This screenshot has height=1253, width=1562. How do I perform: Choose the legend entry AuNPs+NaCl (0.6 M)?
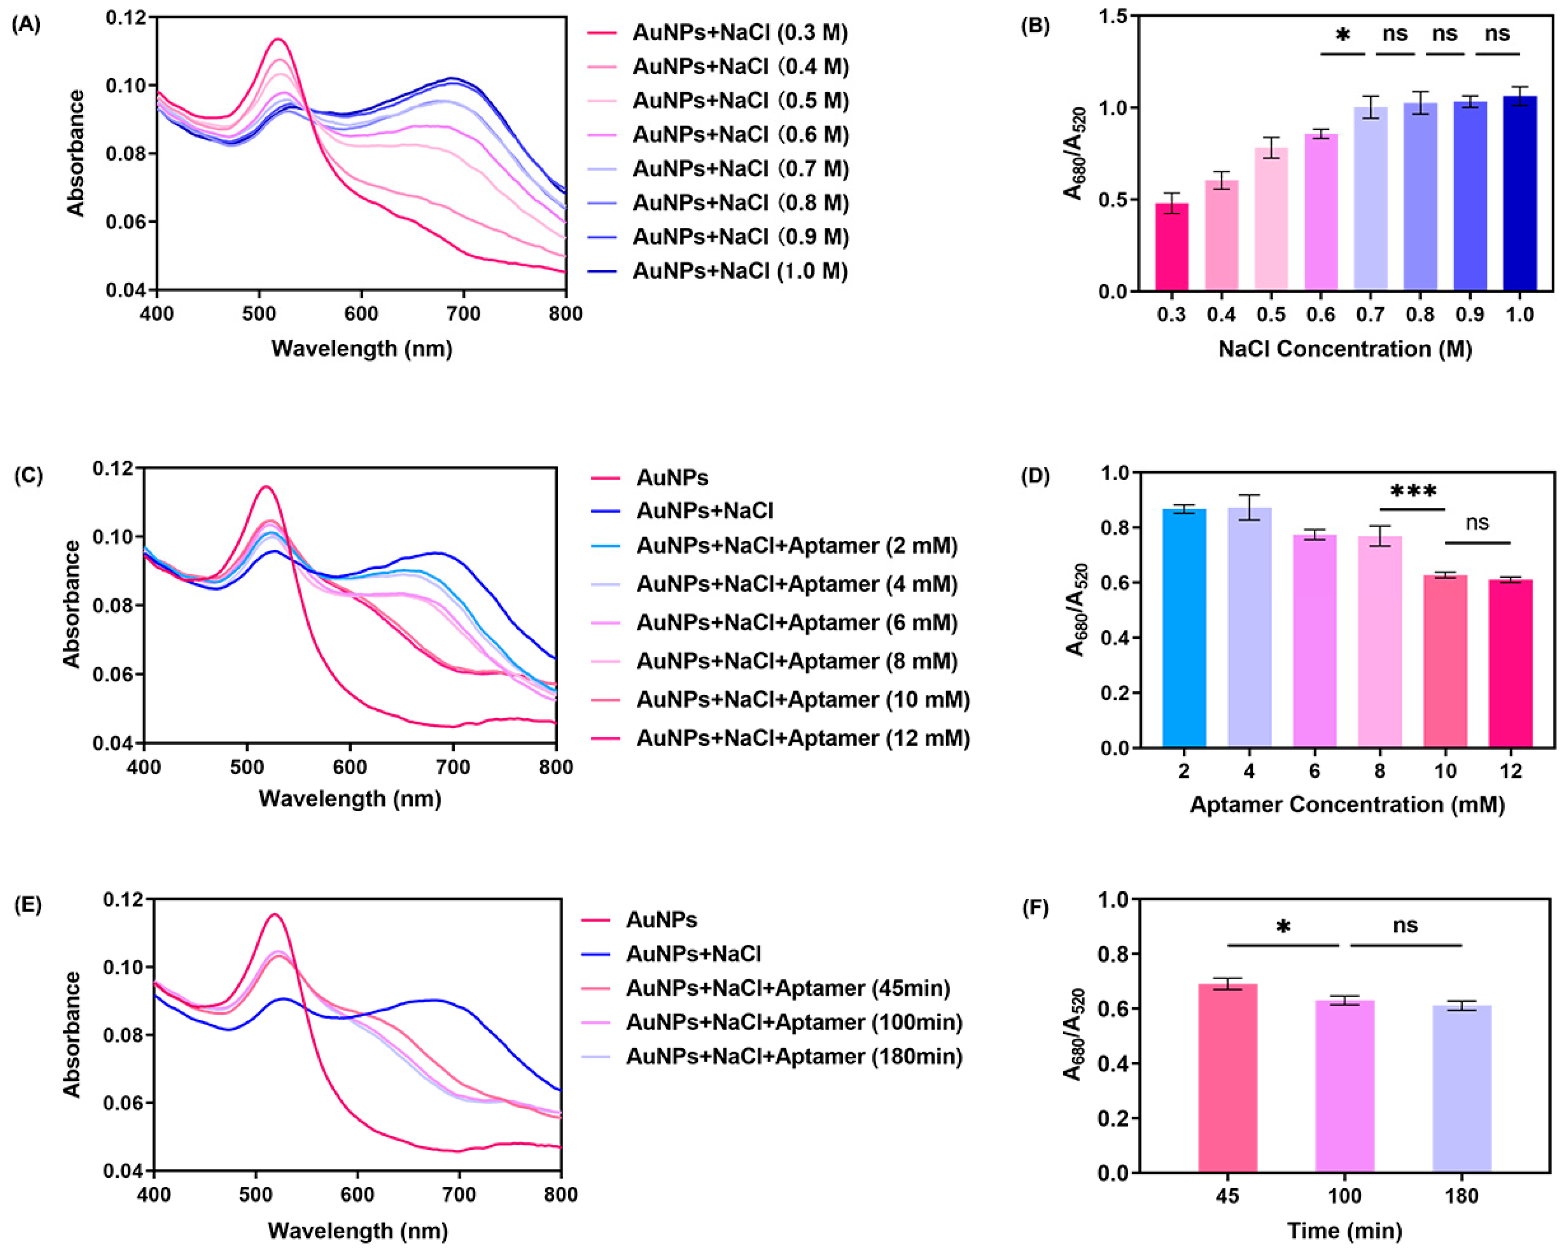pos(740,135)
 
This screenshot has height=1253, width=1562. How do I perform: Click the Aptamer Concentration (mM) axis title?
pos(1347,804)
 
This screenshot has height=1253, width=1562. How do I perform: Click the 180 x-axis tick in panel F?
pos(1462,1196)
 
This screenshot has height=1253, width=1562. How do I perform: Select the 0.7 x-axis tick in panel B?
pos(1370,314)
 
